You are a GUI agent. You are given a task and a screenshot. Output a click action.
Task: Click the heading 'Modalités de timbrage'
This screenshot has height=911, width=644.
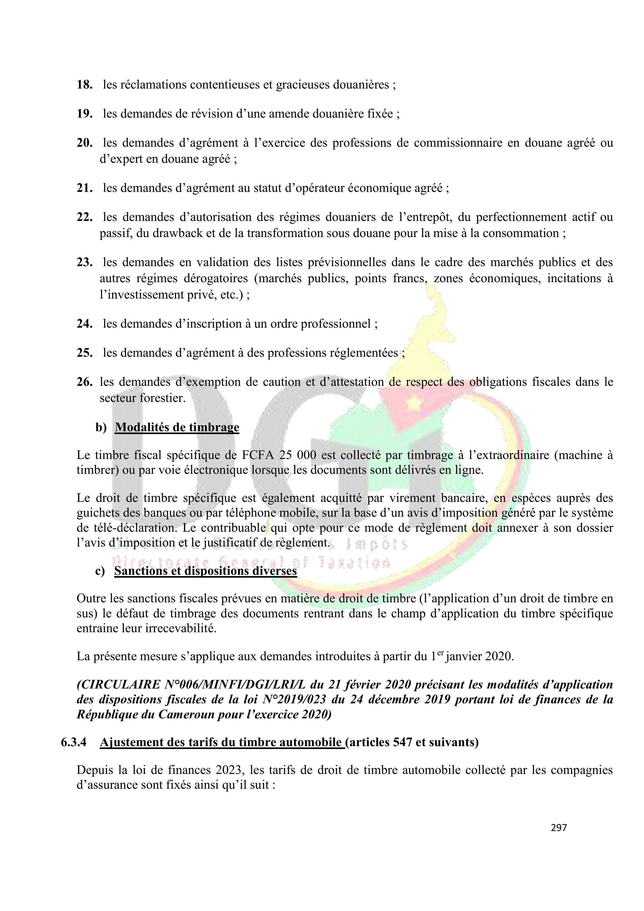177,427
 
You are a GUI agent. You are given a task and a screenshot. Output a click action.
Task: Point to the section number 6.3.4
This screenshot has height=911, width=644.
73,742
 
